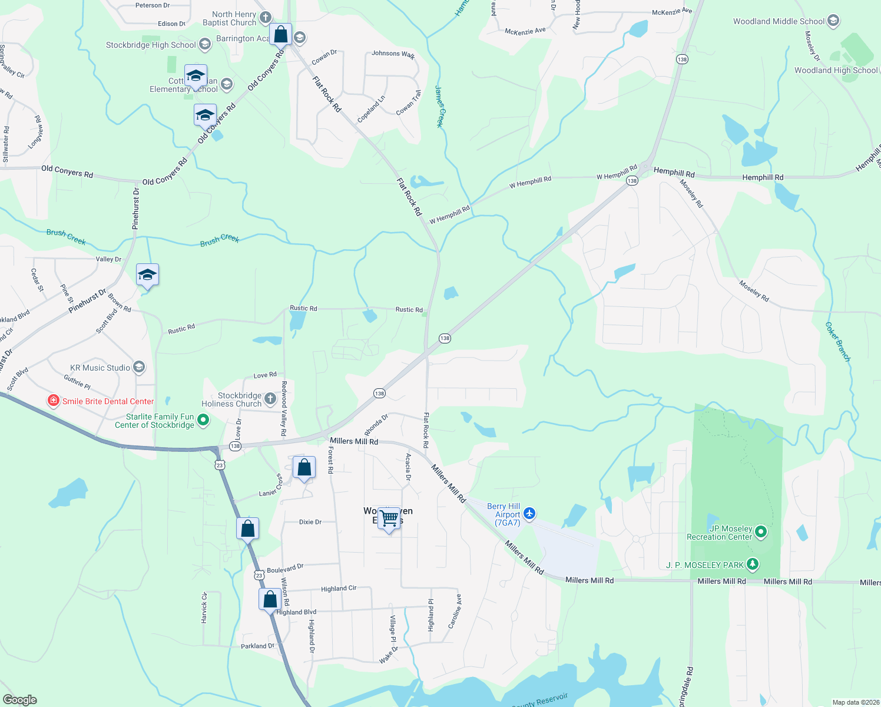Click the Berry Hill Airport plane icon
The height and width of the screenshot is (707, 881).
click(x=529, y=514)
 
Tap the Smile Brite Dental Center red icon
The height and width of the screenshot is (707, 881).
click(x=53, y=401)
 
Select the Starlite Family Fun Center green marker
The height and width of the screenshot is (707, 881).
click(x=203, y=420)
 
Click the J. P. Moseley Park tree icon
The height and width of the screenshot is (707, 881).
click(x=752, y=564)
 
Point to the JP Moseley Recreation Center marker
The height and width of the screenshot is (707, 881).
click(x=761, y=532)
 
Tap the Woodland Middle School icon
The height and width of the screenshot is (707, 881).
click(x=833, y=21)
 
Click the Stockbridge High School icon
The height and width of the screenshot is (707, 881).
click(x=204, y=44)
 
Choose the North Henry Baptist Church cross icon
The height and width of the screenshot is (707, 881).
click(x=265, y=18)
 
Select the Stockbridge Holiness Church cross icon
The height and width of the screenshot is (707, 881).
click(x=270, y=399)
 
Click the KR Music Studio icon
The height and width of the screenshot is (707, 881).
click(x=139, y=368)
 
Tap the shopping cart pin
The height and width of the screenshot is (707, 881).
click(x=389, y=518)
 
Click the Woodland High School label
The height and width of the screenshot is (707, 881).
click(x=836, y=70)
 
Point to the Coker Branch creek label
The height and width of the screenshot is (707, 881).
click(x=837, y=341)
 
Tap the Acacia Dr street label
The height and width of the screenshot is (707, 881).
click(x=408, y=467)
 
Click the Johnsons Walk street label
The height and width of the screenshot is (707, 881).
click(x=393, y=54)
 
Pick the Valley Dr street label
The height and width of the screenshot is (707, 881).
click(x=108, y=259)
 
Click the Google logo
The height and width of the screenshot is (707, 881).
click(x=20, y=700)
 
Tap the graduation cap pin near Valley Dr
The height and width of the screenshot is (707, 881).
click(x=147, y=275)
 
